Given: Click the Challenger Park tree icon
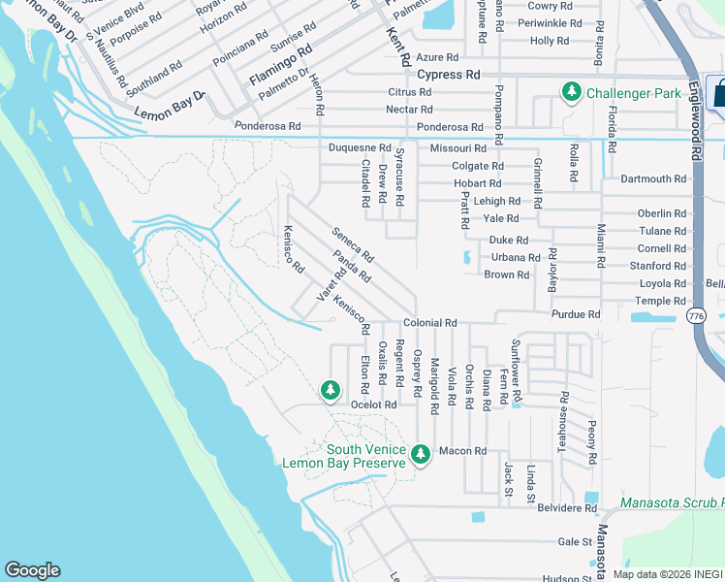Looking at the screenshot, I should pyautogui.click(x=572, y=92).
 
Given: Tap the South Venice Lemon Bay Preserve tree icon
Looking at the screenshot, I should pyautogui.click(x=421, y=454).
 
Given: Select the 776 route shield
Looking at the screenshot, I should pyautogui.click(x=695, y=316).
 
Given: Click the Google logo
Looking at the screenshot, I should pyautogui.click(x=32, y=570).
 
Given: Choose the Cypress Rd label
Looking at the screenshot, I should pyautogui.click(x=448, y=75).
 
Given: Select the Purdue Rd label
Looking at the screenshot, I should pyautogui.click(x=576, y=314).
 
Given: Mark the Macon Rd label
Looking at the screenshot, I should pyautogui.click(x=461, y=451).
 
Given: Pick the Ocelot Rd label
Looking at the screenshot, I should pyautogui.click(x=374, y=404).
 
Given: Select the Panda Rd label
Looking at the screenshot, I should pyautogui.click(x=351, y=266).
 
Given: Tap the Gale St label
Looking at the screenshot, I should pyautogui.click(x=574, y=542).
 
